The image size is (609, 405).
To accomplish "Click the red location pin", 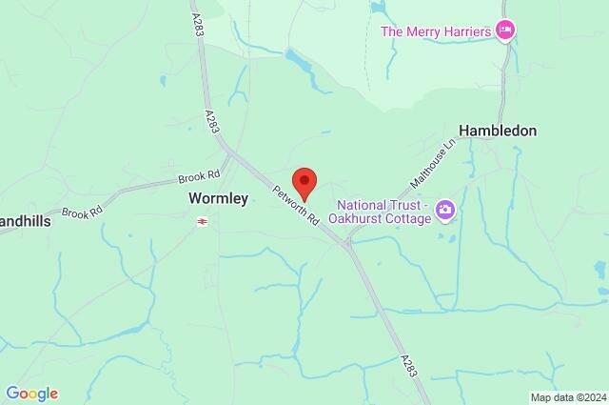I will (304, 179).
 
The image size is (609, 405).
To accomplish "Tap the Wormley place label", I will (218, 199).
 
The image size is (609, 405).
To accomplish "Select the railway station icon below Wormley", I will (202, 221).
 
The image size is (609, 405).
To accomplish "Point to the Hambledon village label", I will (498, 131).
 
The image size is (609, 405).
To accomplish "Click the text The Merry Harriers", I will (436, 31).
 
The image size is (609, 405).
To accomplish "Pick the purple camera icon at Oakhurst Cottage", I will (444, 209).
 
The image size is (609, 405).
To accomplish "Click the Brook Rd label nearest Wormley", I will (199, 177).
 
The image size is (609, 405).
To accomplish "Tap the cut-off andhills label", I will (25, 246).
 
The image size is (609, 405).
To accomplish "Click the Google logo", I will (31, 394).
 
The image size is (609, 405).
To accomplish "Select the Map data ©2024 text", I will (567, 397).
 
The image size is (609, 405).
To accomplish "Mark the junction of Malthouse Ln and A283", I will (349, 242).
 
